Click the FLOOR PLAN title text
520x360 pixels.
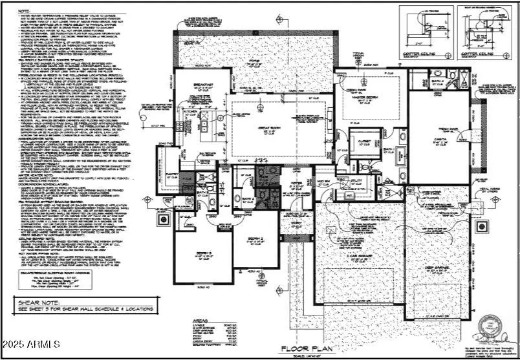[x=307, y=349]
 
